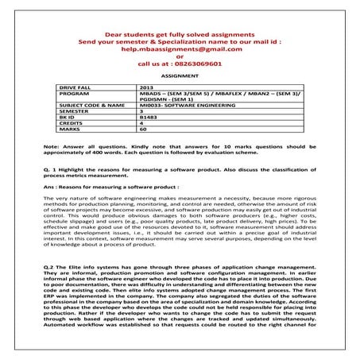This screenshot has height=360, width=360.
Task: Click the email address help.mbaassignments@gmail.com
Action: click(180, 49)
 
